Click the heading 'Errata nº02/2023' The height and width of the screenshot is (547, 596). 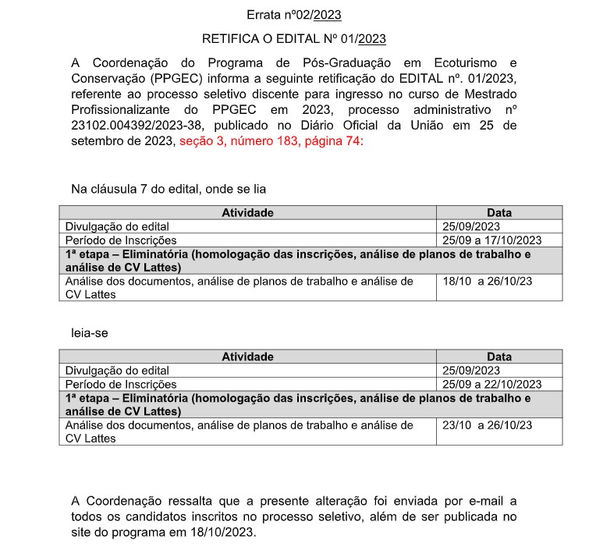293,15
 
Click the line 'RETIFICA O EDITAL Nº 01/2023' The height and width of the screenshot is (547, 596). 293,38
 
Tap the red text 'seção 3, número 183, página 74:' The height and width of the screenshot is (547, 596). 271,142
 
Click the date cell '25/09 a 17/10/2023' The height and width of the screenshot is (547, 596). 491,240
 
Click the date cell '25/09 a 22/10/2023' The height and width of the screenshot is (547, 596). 491,384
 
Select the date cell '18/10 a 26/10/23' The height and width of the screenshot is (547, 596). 487,281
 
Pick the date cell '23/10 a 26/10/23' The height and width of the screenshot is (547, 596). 487,425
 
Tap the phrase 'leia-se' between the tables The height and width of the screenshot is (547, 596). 90,332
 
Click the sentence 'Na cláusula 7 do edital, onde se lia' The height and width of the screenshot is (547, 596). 170,188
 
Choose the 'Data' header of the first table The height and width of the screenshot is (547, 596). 499,212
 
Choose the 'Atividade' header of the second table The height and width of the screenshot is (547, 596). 247,357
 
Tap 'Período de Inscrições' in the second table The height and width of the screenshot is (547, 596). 121,384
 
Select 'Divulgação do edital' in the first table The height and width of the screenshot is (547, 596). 117,226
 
